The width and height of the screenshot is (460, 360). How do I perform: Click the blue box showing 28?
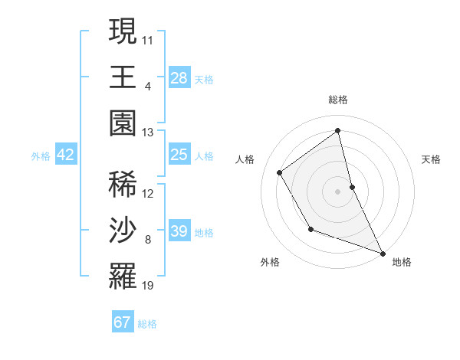click(x=179, y=78)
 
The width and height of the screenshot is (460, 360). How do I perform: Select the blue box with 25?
click(x=179, y=155)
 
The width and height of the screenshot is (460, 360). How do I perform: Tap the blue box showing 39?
click(x=179, y=231)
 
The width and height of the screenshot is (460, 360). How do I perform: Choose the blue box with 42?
click(x=66, y=155)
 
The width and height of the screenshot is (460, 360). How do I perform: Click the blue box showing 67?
click(x=123, y=322)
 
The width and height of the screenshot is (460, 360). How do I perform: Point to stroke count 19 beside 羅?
click(x=148, y=286)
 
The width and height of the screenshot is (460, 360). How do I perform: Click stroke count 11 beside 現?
click(x=148, y=38)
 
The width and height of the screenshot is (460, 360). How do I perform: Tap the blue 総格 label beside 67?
click(x=147, y=324)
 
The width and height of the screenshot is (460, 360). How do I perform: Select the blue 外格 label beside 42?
click(x=41, y=156)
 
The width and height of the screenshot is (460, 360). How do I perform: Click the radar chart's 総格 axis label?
click(x=338, y=100)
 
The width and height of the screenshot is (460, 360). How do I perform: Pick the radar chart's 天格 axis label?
click(x=431, y=159)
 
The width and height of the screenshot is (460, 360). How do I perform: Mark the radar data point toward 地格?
click(x=382, y=253)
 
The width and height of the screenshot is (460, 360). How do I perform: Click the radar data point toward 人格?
click(x=280, y=172)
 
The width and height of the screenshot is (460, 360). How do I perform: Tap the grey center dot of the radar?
click(x=338, y=191)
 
